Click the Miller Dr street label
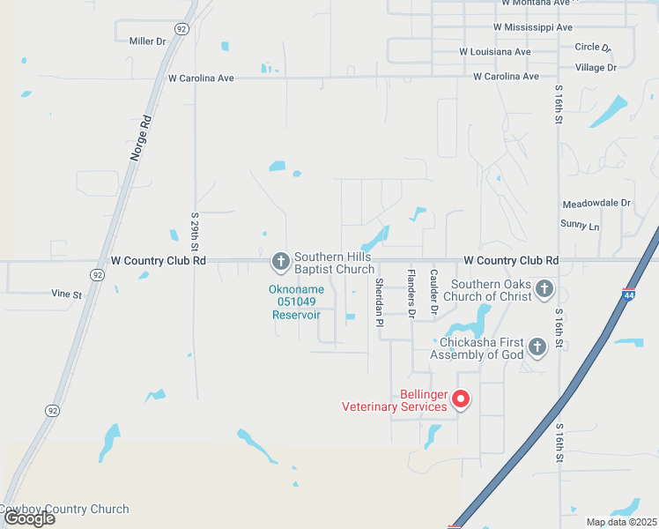tap(147, 41)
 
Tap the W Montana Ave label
tap(537, 3)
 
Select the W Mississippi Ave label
tap(533, 27)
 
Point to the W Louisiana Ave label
tap(495, 52)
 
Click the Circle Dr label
tap(592, 47)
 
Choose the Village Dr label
tap(595, 67)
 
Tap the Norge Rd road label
tap(140, 137)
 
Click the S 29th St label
tap(195, 230)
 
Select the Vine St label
tap(66, 294)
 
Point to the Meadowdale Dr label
tap(596, 203)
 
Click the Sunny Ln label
tap(580, 227)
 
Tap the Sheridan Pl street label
tap(379, 302)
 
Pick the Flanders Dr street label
tap(411, 293)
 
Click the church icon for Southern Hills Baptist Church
tap(280, 261)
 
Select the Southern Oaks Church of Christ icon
tap(544, 288)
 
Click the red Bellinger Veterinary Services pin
tap(460, 399)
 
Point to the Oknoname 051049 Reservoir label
tap(296, 302)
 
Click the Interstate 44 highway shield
tap(628, 293)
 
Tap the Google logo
tap(29, 518)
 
